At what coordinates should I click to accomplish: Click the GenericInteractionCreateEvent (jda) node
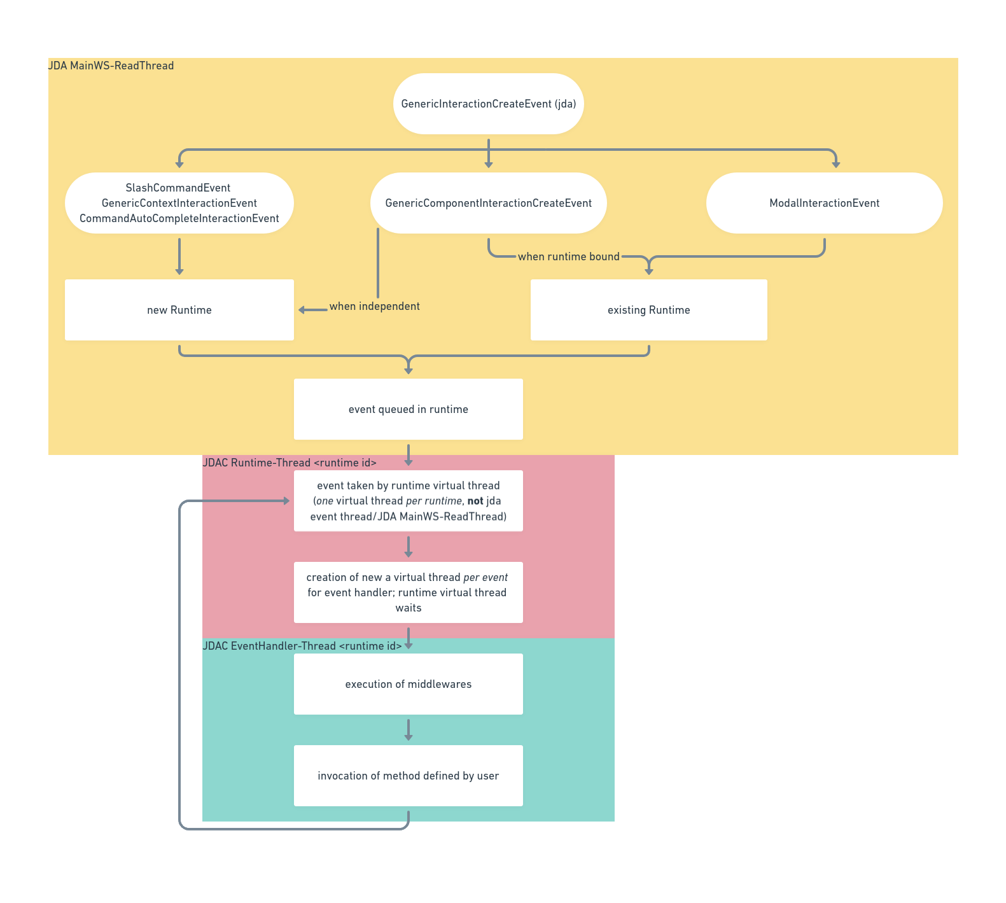[x=488, y=104]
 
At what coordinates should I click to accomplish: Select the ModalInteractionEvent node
[x=824, y=203]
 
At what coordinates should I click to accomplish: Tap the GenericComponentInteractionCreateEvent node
[x=488, y=203]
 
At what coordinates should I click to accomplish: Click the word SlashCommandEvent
[x=178, y=188]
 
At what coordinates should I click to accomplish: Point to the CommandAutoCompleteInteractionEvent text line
[x=179, y=218]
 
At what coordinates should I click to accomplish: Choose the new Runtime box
[x=179, y=310]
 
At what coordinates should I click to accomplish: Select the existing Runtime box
[x=648, y=310]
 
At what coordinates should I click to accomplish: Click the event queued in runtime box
[x=408, y=409]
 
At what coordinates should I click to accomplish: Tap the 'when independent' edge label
[x=374, y=306]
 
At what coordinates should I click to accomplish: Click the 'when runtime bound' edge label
[x=568, y=256]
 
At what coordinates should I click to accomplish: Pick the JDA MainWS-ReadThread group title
[x=111, y=66]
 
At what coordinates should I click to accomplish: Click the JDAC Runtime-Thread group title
[x=290, y=463]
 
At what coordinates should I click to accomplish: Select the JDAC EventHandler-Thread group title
[x=302, y=646]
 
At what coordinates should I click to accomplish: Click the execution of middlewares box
[x=408, y=684]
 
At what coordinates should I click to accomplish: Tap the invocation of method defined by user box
[x=408, y=776]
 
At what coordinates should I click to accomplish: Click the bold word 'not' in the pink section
[x=475, y=501]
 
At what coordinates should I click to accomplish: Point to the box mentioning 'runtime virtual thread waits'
[x=408, y=592]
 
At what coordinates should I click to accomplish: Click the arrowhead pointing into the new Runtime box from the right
[x=302, y=310]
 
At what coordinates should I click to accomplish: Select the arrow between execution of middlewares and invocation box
[x=409, y=729]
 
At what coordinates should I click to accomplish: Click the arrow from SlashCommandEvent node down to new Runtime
[x=179, y=256]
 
